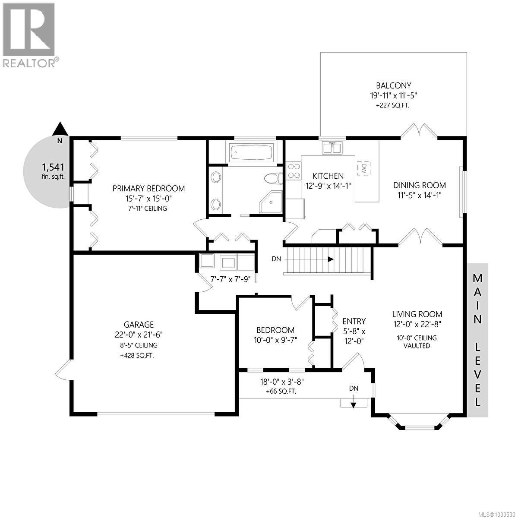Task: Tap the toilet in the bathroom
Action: tap(273, 178)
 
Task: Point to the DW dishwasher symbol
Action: tap(364, 167)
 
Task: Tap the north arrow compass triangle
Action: tap(60, 129)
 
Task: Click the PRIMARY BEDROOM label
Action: tap(148, 189)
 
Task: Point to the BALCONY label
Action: tap(393, 85)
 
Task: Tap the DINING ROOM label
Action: tap(419, 185)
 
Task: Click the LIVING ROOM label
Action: tap(417, 314)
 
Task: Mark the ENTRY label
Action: tap(354, 321)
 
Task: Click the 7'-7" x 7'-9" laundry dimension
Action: tap(230, 279)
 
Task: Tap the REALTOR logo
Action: tap(29, 35)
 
